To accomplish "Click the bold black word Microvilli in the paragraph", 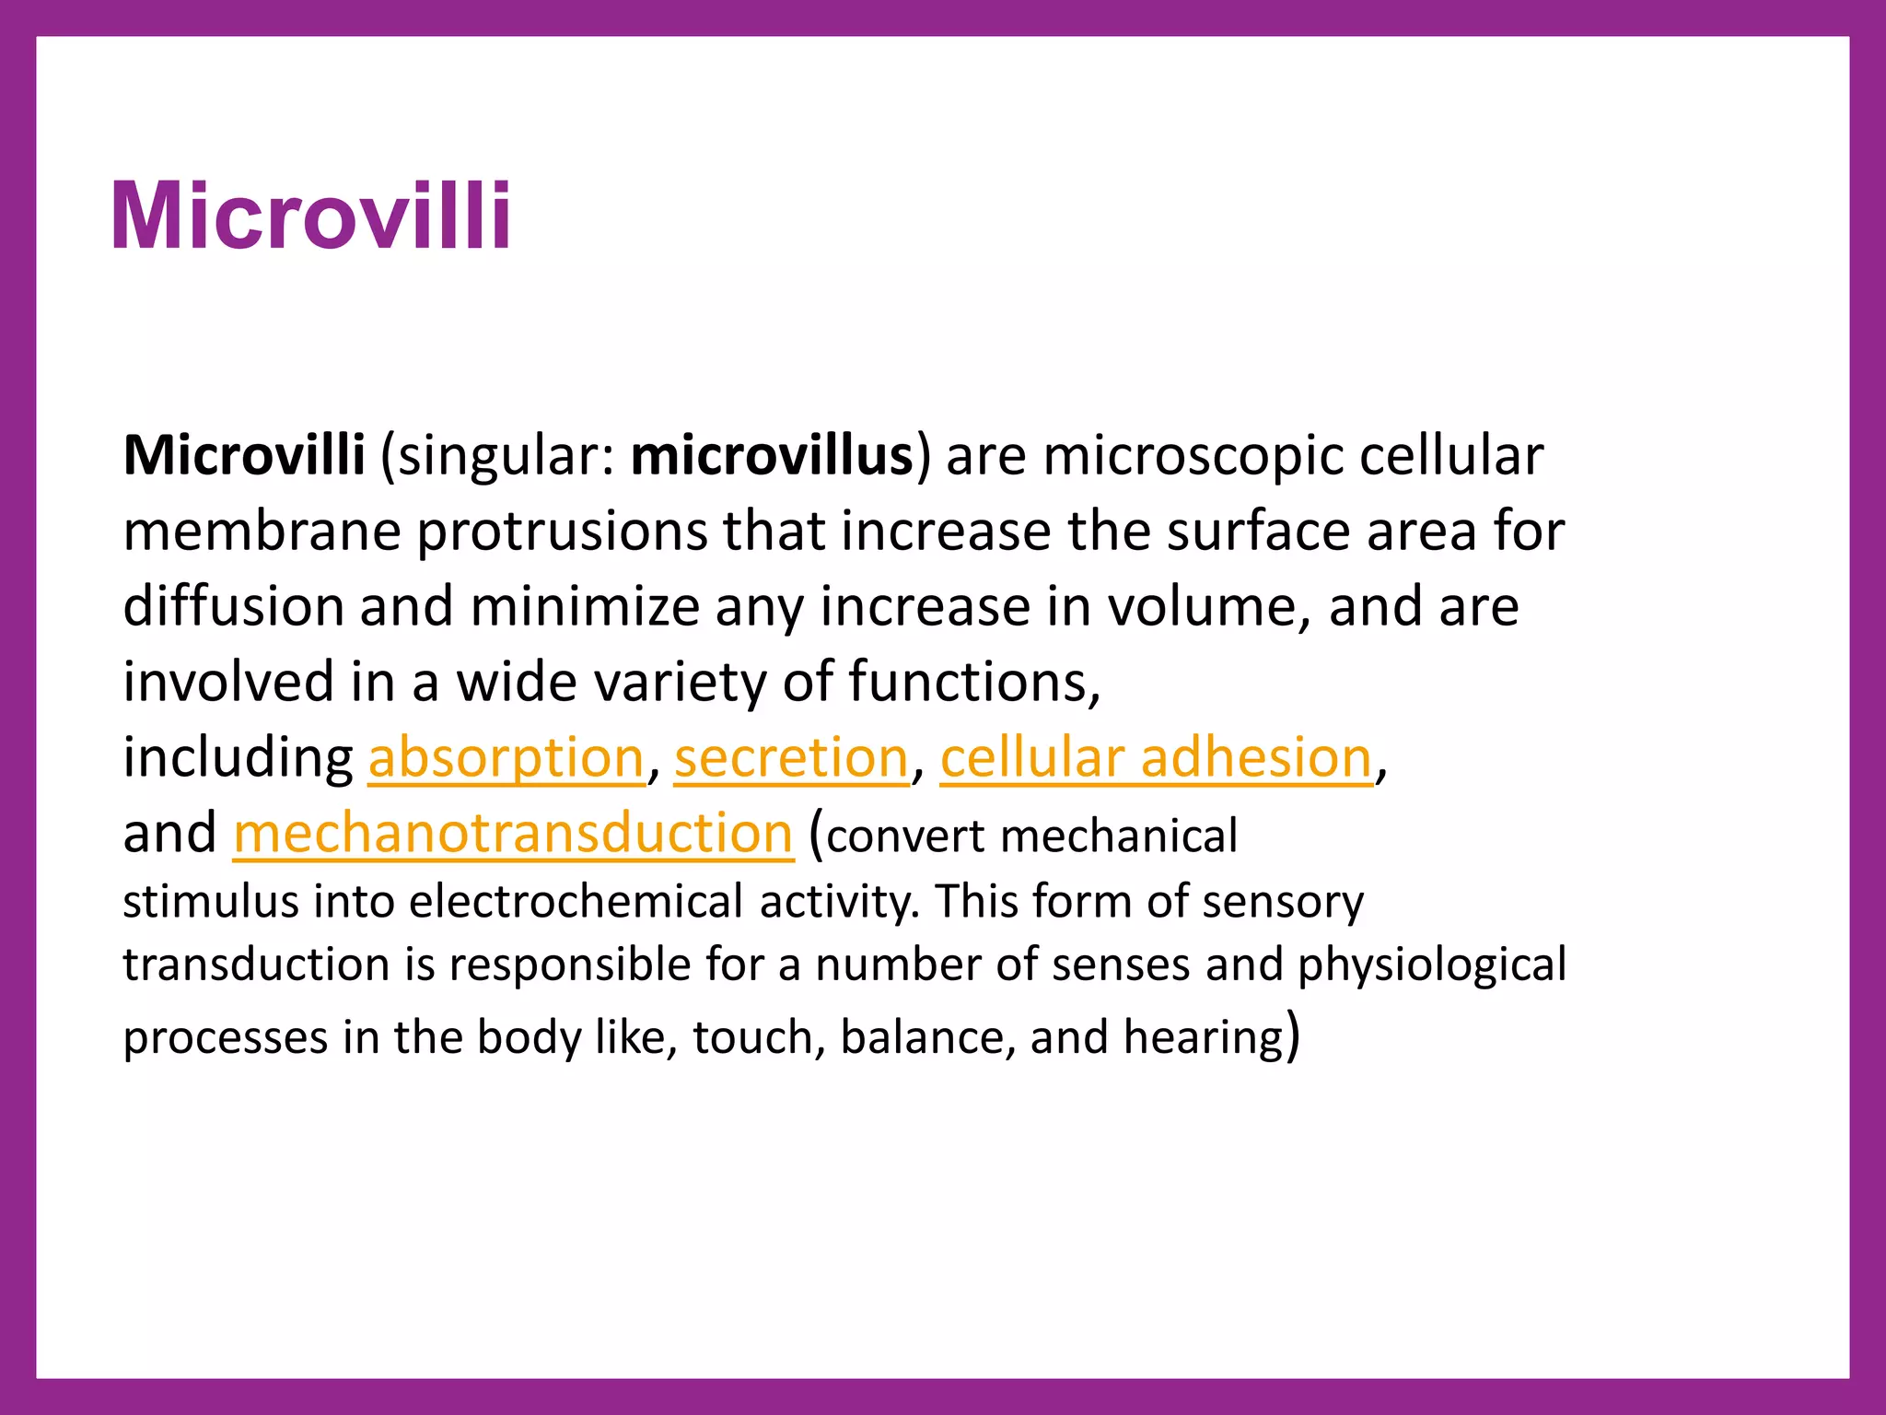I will pyautogui.click(x=244, y=455).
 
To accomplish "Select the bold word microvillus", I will pyautogui.click(x=772, y=455).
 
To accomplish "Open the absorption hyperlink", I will pyautogui.click(x=506, y=758).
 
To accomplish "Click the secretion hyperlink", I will pyautogui.click(x=791, y=758).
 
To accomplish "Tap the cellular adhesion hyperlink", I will pyautogui.click(x=1156, y=758).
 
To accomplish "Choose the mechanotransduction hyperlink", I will pyautogui.click(x=513, y=833).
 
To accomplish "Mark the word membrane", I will pyautogui.click(x=262, y=532).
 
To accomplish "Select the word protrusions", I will pyautogui.click(x=562, y=532).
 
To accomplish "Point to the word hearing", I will pyautogui.click(x=1204, y=1037).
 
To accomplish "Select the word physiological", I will pyautogui.click(x=1432, y=965).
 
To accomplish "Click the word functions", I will pyautogui.click(x=973, y=683).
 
